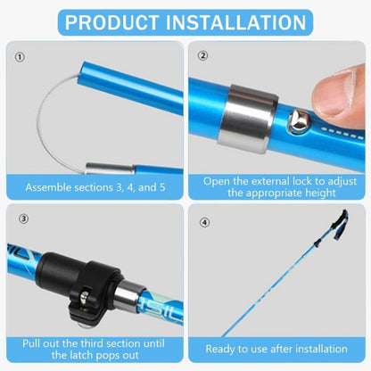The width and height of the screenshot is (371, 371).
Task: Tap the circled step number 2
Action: tap(202, 56)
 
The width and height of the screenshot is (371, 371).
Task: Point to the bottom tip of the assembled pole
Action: tap(223, 335)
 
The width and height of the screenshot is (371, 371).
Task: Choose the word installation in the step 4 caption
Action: tap(317, 350)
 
